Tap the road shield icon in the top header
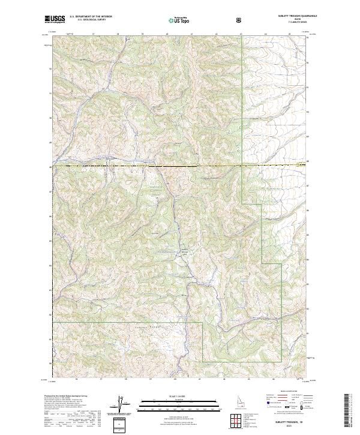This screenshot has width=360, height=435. pyautogui.click(x=241, y=20)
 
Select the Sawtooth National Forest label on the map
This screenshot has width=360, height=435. pyautogui.click(x=155, y=191)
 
